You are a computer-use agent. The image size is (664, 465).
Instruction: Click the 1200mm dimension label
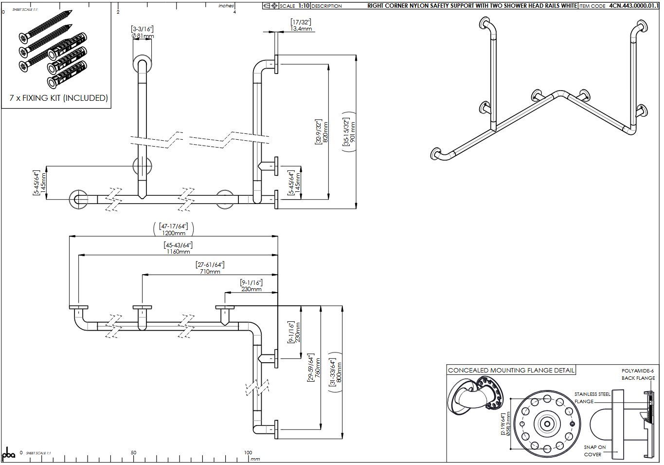tap(174, 233)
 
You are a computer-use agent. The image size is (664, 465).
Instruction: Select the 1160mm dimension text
tap(178, 252)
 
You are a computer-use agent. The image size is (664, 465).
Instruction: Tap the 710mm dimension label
tap(210, 272)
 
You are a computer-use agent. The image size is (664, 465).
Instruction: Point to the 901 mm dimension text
tap(353, 132)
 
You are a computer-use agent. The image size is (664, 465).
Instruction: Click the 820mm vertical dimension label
tap(325, 132)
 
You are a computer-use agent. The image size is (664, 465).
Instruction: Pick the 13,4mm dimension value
tap(301, 29)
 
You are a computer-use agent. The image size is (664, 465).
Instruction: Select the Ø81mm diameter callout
tap(143, 36)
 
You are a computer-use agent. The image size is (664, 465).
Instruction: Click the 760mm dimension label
tap(317, 368)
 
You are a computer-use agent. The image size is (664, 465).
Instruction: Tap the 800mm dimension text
tap(339, 372)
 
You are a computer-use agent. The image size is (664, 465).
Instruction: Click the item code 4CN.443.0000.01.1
tap(634, 6)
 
